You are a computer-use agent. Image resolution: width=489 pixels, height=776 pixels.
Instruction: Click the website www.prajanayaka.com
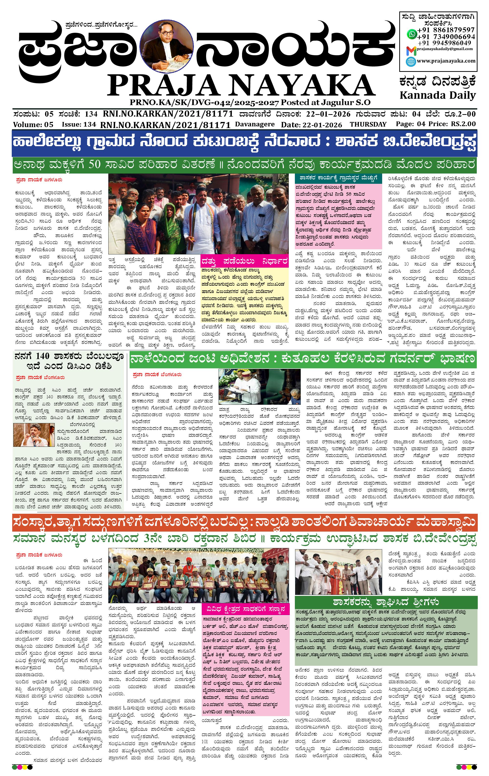point(446,61)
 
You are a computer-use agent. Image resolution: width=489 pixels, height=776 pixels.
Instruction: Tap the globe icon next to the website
point(411,61)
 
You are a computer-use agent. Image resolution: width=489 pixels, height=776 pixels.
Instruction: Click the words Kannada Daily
point(437,95)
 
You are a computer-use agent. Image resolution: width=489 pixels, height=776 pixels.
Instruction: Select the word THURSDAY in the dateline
point(368,124)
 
